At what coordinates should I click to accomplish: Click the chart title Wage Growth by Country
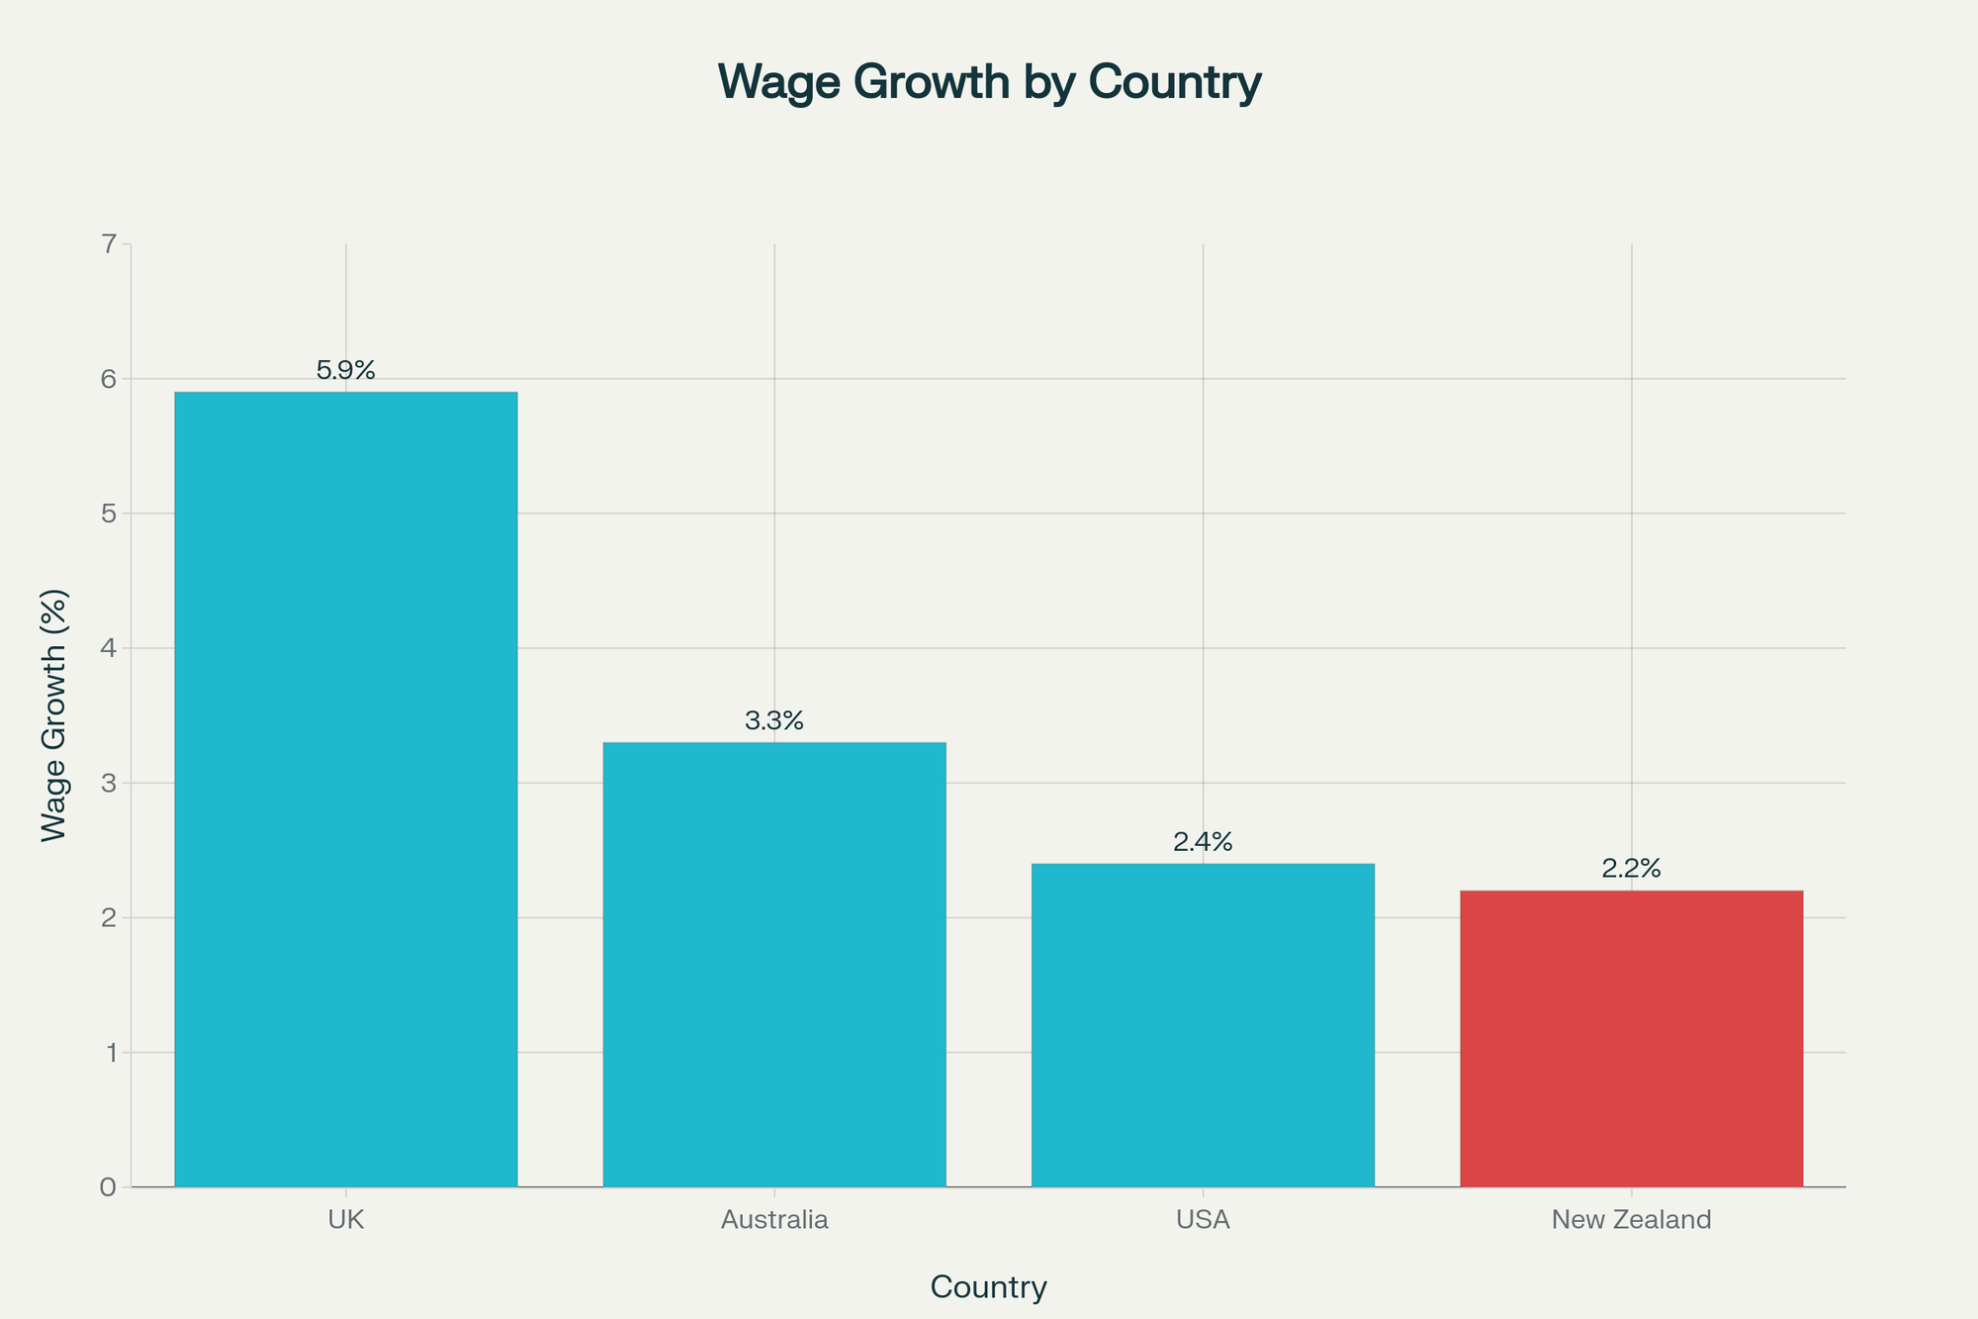coord(989,81)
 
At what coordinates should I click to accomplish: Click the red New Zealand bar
coord(1631,1038)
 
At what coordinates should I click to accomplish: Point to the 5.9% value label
coord(345,371)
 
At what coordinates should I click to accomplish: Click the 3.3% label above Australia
coord(774,721)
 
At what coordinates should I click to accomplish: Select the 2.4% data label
coord(1203,842)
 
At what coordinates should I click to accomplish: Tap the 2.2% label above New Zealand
coord(1631,869)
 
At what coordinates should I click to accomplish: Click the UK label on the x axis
coord(345,1220)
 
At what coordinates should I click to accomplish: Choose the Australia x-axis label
coord(774,1220)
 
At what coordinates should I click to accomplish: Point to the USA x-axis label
coord(1203,1220)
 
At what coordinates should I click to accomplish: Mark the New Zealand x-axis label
coord(1631,1220)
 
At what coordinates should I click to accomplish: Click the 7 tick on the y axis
coord(108,243)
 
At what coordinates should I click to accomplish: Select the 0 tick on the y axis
coord(108,1187)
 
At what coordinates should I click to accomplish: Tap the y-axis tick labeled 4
coord(108,648)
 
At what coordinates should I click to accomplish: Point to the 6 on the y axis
coord(108,379)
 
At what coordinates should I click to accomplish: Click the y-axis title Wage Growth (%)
coord(54,715)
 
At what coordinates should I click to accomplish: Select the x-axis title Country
coord(989,1287)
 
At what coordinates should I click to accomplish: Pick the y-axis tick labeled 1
coord(108,1053)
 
